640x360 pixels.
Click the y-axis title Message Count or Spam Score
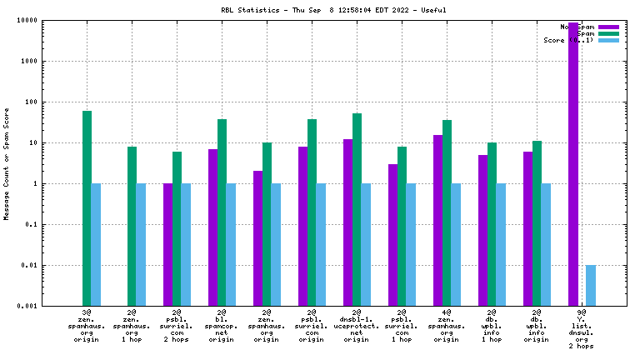coord(7,163)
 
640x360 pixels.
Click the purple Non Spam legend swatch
coord(608,27)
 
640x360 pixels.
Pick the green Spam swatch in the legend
coord(608,33)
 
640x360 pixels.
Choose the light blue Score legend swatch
coord(608,40)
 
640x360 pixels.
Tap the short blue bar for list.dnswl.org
coord(591,285)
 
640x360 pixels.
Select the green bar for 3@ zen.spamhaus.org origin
coord(87,208)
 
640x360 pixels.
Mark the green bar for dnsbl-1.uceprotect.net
coord(357,209)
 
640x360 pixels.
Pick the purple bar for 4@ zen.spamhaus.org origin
coord(438,220)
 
